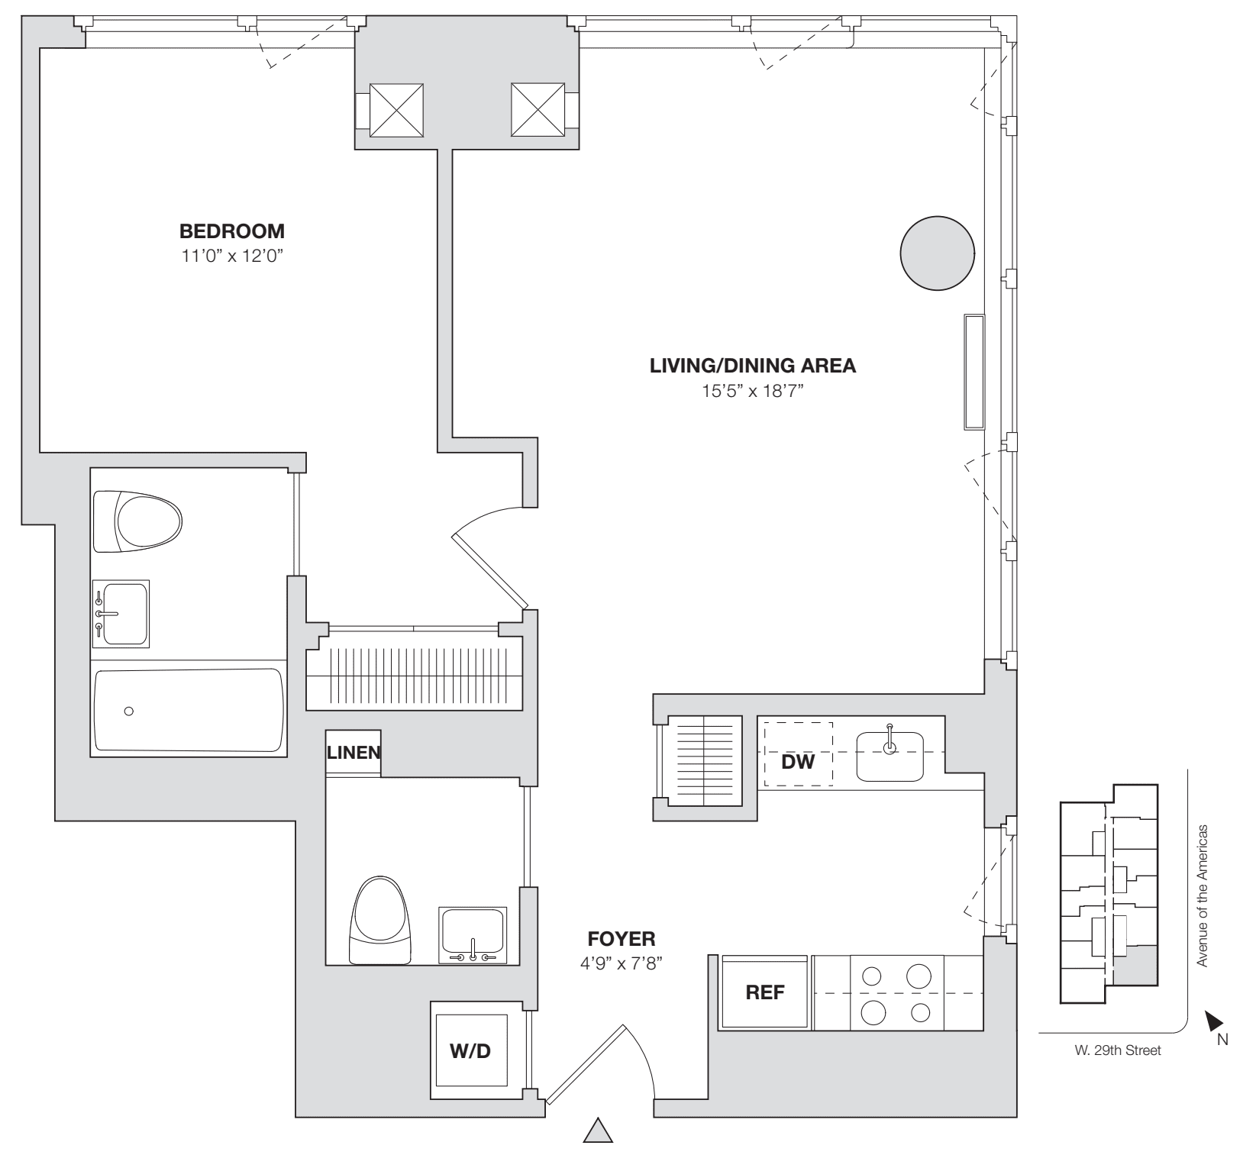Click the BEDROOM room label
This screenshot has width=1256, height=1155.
coord(231,231)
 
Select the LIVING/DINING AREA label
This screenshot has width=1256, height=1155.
coord(752,366)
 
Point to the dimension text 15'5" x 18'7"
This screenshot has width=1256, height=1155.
coord(752,392)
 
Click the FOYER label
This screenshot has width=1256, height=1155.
coord(621,939)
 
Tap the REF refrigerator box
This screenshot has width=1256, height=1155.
coord(764,992)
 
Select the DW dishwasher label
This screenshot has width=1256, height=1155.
coord(798,761)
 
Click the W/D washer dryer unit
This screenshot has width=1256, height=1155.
coord(470,1051)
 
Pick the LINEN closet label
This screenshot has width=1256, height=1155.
coord(354,752)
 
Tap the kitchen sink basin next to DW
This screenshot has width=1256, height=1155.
coord(890,757)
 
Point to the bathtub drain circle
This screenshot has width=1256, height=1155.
coord(129,711)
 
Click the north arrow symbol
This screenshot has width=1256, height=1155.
coord(1213,1019)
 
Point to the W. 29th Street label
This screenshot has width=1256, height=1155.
coord(1117,1051)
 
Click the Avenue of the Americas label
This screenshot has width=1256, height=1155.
coord(1203,895)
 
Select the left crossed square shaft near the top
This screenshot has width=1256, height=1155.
coord(396,110)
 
